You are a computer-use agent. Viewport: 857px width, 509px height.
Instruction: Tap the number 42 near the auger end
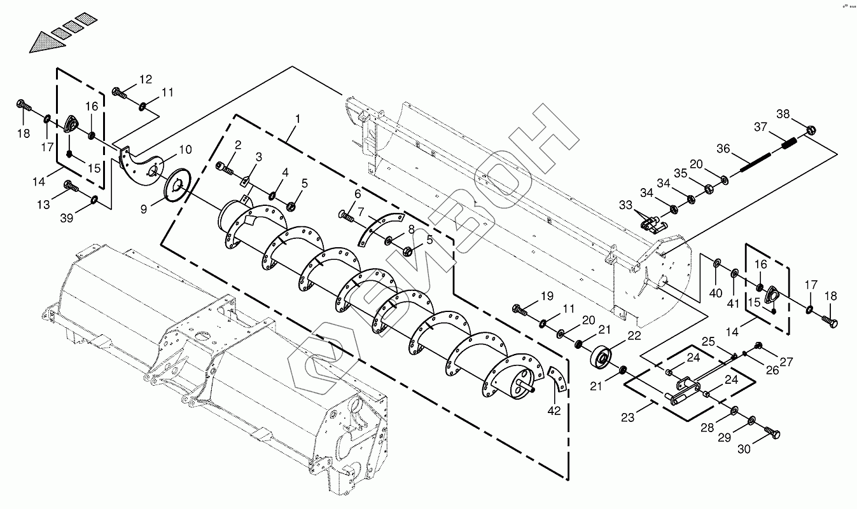554,411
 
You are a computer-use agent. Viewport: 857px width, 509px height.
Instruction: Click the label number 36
723,149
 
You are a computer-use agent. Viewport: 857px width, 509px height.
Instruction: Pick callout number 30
744,449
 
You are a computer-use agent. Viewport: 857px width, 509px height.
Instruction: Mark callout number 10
185,150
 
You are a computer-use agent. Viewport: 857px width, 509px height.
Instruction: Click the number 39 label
67,218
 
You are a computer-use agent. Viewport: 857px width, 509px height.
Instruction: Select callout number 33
625,205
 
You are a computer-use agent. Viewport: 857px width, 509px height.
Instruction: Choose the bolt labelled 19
520,310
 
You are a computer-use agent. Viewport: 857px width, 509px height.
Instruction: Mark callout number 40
716,293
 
